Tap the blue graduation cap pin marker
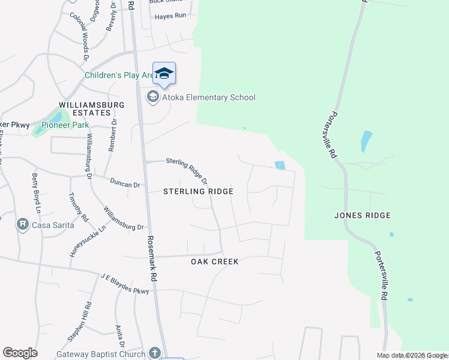click(x=164, y=74)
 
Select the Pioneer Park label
click(x=69, y=125)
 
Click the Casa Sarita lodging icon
click(x=23, y=224)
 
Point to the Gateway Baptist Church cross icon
click(x=155, y=353)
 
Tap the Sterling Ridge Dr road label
click(x=187, y=170)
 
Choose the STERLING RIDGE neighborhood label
click(x=198, y=191)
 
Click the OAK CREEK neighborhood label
click(x=215, y=262)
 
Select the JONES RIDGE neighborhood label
click(x=362, y=215)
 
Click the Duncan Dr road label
click(x=125, y=182)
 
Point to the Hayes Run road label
click(x=171, y=16)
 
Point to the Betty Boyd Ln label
click(x=35, y=194)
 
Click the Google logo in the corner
click(x=20, y=353)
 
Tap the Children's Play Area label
click(x=119, y=75)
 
